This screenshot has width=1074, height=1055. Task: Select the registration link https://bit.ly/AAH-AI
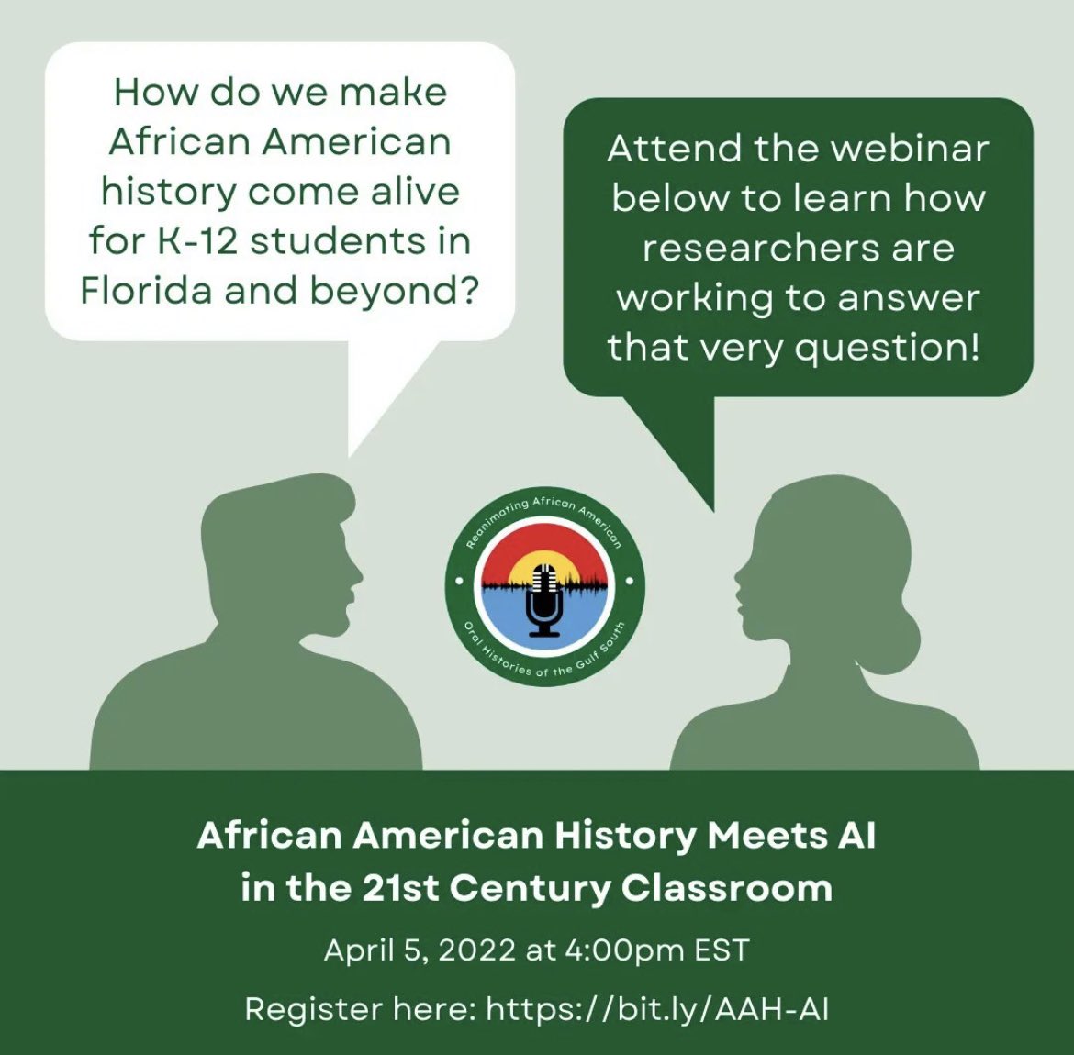pos(657,1009)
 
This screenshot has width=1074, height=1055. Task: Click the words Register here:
pos(360,1009)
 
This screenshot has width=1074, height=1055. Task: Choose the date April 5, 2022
pos(420,949)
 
